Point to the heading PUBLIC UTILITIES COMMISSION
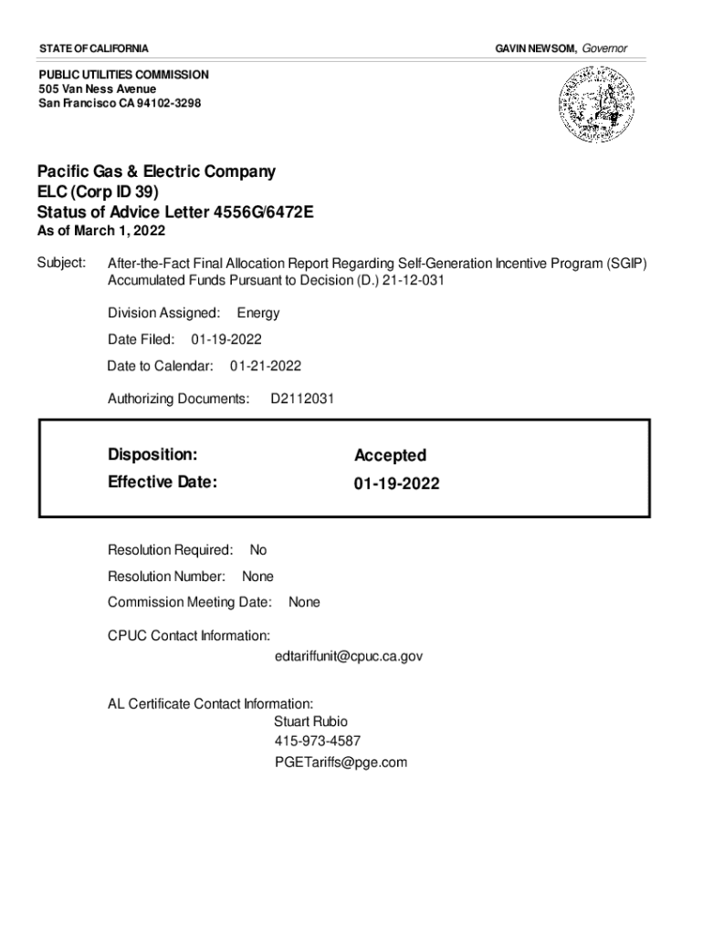[123, 74]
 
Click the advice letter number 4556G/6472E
[263, 213]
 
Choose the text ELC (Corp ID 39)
[98, 192]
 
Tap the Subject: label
[61, 264]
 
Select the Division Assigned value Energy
[258, 313]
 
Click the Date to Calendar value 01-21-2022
[265, 366]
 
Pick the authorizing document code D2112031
[301, 399]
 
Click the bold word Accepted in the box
[390, 455]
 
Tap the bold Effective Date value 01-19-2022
[396, 483]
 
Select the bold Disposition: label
[152, 454]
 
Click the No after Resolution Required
[258, 550]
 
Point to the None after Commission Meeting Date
[304, 603]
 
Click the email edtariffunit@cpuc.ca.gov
[348, 656]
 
